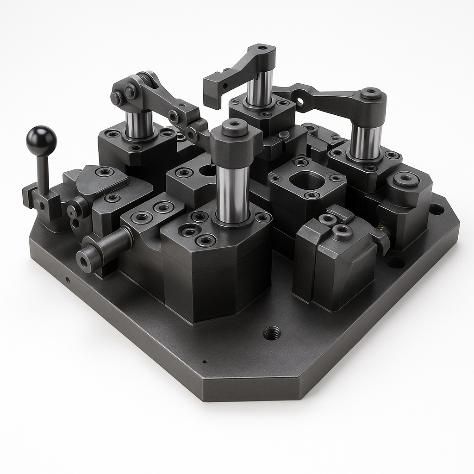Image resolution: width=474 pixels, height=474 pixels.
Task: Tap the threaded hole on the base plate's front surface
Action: click(x=272, y=332)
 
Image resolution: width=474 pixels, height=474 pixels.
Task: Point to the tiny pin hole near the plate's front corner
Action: click(x=204, y=362)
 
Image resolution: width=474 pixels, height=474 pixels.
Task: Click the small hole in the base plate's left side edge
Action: click(x=68, y=280)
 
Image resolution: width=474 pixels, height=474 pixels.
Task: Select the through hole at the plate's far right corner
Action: click(x=436, y=209)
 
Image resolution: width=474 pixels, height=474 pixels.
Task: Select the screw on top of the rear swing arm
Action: click(x=262, y=48)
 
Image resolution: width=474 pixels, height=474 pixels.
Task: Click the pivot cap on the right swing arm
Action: click(x=371, y=93)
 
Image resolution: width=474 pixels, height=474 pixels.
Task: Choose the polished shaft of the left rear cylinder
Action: click(x=139, y=124)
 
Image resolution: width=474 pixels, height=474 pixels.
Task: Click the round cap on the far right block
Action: click(x=406, y=178)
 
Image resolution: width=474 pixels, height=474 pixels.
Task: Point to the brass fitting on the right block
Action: click(x=381, y=227)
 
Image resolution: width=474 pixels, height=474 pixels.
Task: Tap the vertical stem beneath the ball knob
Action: click(x=43, y=171)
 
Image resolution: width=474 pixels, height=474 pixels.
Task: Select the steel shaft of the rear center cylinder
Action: click(x=259, y=88)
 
